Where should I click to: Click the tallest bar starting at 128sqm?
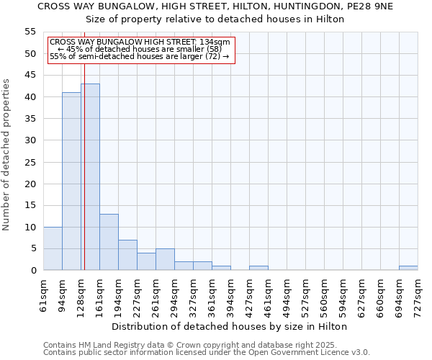click(90, 177)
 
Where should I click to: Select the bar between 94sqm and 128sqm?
click(71, 181)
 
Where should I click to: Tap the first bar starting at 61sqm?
click(53, 248)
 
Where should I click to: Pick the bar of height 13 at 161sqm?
click(109, 242)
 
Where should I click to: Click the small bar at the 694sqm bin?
click(408, 268)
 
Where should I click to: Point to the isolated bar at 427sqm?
click(258, 268)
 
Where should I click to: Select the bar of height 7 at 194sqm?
click(127, 255)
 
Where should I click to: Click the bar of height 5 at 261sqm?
click(165, 259)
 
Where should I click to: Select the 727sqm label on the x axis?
click(418, 295)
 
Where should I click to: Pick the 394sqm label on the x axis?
click(230, 295)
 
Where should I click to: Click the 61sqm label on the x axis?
click(43, 295)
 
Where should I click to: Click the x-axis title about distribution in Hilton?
click(230, 326)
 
